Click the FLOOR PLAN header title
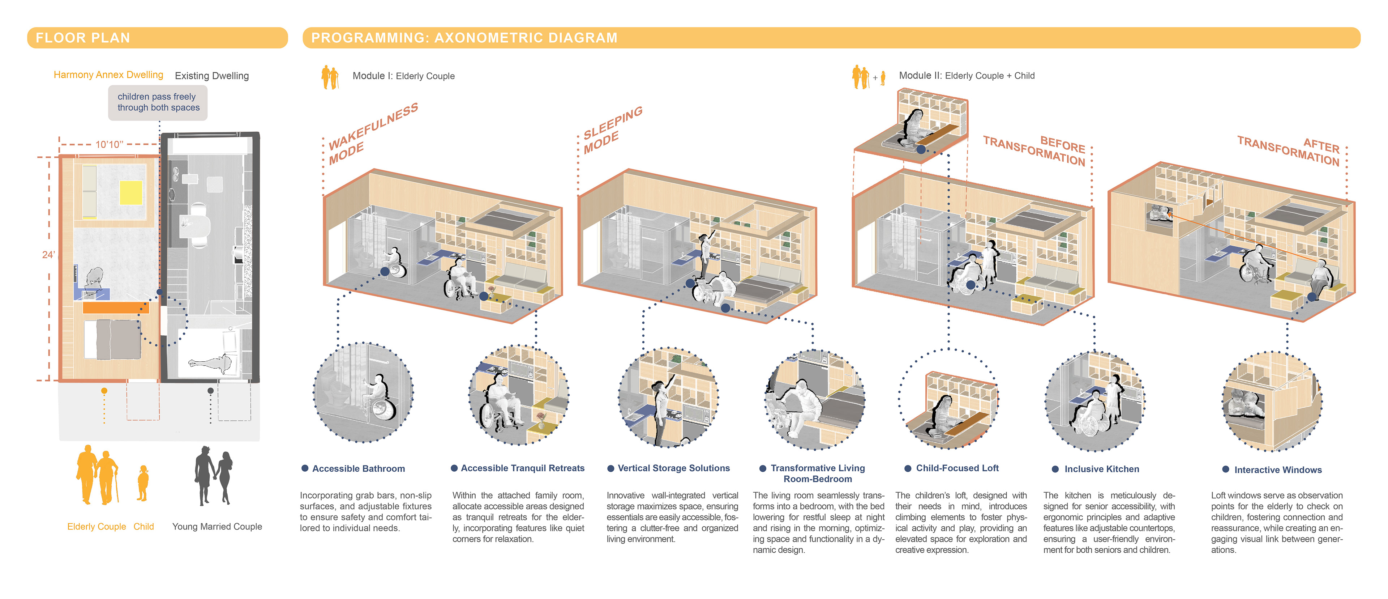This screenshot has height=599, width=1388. (83, 38)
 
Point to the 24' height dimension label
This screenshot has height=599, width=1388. (48, 255)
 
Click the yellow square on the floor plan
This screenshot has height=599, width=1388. (131, 192)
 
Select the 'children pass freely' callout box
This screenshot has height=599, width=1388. (158, 102)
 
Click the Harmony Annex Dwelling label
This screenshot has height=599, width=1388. (108, 75)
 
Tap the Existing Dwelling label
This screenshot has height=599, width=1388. (212, 76)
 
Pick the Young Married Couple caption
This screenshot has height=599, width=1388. (217, 527)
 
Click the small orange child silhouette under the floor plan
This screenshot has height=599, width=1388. (143, 483)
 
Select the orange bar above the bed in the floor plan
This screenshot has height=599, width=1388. (116, 307)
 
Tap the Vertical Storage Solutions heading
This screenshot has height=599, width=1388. (673, 468)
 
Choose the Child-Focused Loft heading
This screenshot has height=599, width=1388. (957, 468)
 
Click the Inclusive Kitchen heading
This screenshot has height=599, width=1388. (1101, 470)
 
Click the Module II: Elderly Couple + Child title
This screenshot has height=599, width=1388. (967, 76)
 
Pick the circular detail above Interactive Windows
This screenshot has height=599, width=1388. (1272, 402)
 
